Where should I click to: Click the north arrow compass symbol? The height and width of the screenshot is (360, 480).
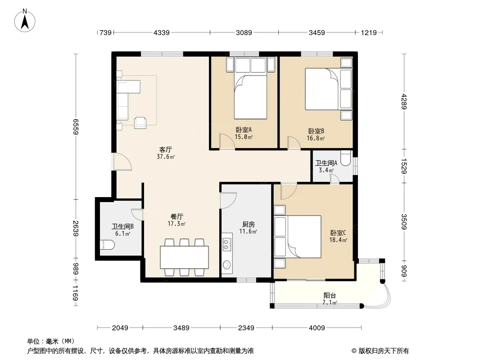[25, 20]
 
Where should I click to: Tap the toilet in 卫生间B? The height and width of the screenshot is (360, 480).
[107, 245]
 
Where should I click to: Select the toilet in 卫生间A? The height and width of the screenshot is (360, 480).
[346, 158]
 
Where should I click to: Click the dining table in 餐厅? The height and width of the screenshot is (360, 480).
[184, 257]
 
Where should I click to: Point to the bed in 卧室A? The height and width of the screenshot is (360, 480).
[250, 96]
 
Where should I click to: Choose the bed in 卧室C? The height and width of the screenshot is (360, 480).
[304, 236]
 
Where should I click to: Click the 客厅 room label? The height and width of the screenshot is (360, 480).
[166, 149]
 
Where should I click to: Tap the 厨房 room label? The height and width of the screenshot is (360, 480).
[248, 225]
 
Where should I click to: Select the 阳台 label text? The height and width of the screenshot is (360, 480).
[330, 296]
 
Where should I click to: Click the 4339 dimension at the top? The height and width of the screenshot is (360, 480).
[161, 32]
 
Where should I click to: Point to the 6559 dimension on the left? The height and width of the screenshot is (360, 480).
[76, 126]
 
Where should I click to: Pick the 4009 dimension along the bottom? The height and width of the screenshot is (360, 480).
[317, 328]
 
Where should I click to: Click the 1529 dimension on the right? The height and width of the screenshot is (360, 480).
[404, 166]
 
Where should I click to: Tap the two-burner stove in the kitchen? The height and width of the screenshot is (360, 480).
[226, 244]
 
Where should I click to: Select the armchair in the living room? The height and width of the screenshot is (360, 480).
[140, 122]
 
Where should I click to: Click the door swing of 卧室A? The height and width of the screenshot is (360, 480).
[227, 141]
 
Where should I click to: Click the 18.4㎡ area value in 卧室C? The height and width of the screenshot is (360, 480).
[338, 240]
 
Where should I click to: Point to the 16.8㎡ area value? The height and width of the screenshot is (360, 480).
[316, 138]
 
